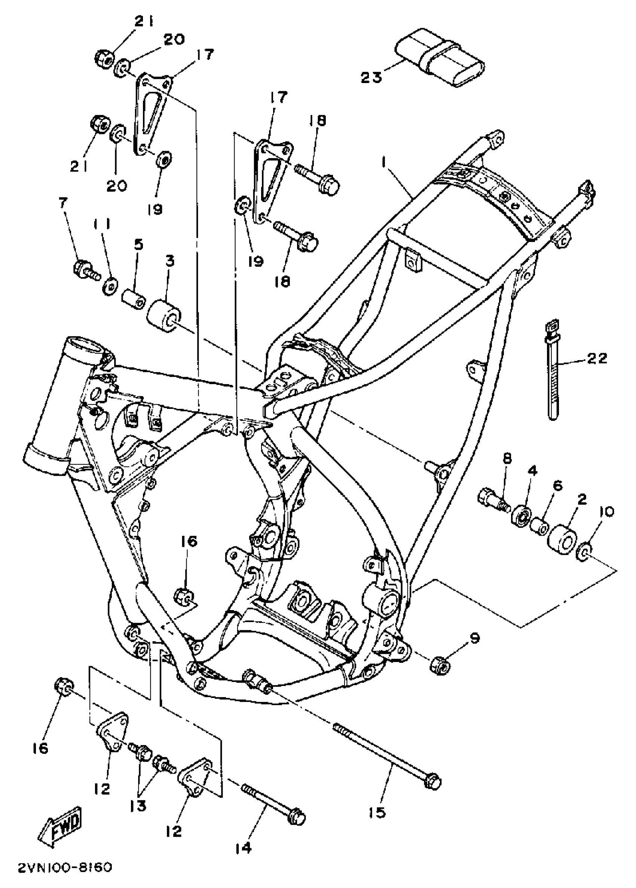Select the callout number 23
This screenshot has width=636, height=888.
[x=371, y=77]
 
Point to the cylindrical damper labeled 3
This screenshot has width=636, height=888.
[x=164, y=316]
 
